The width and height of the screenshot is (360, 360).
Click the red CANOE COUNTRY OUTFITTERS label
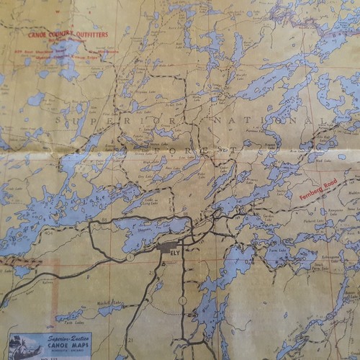[69, 34]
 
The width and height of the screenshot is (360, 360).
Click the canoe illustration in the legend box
[22, 344]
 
